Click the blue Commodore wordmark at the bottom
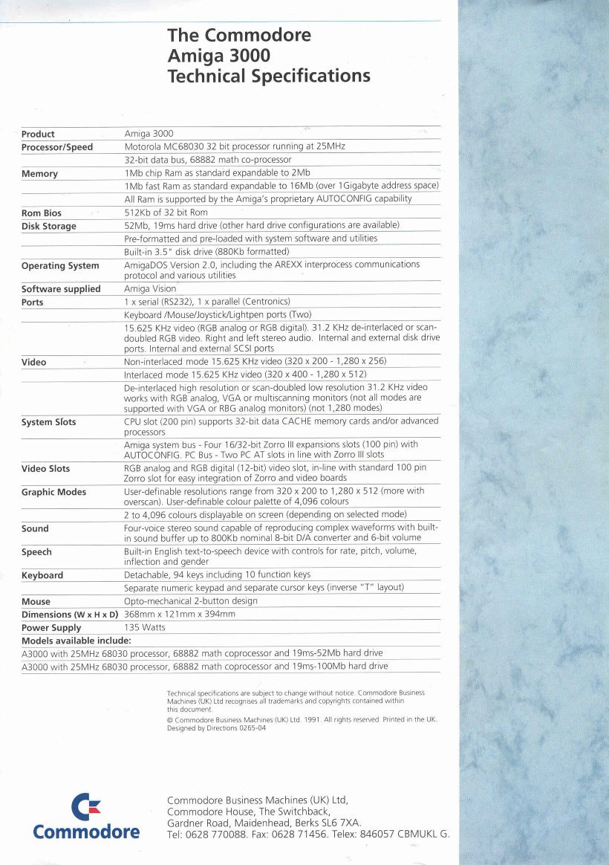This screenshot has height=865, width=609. pos(86,832)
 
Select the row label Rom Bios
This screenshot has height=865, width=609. pos(42,213)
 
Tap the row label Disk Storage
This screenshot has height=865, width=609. pos(49,227)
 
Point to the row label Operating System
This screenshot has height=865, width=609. pos(60,266)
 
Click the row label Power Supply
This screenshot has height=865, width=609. pos(51,628)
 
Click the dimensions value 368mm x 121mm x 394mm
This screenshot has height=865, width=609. pos(180,615)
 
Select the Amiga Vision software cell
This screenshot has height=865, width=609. pos(150,289)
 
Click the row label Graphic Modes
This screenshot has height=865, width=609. pos(53,492)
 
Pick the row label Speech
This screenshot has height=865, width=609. pos(36,552)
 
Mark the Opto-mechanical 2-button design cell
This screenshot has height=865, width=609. pos(191,601)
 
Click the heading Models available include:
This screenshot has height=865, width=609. pos(76,641)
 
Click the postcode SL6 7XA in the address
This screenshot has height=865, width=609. pos(339,823)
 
